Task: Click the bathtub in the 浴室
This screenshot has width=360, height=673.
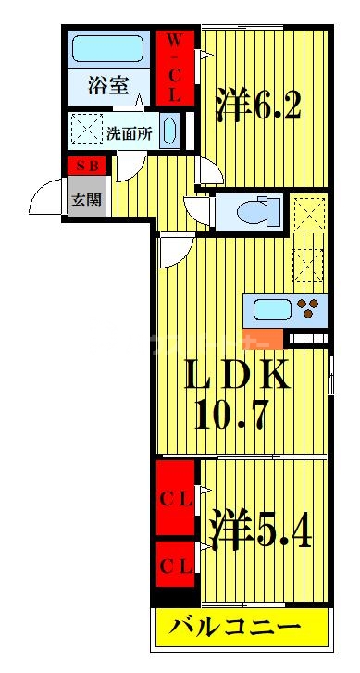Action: tap(107, 48)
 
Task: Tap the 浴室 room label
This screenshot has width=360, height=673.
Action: tap(108, 85)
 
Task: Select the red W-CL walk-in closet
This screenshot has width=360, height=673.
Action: tap(175, 68)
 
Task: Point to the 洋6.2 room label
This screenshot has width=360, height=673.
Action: tap(258, 104)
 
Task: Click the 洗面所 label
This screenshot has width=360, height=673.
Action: tap(130, 134)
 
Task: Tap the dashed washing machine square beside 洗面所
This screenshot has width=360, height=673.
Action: tap(87, 129)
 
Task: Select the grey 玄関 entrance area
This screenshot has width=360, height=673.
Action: tap(87, 196)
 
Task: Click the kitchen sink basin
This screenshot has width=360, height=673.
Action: tap(273, 309)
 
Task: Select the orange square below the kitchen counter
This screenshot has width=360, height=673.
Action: tap(264, 339)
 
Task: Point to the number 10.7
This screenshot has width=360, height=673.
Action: tap(231, 414)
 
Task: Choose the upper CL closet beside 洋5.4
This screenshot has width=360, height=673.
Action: tap(175, 498)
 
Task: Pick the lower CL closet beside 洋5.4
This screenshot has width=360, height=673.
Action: tap(175, 564)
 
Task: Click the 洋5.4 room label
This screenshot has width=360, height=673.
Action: tap(260, 529)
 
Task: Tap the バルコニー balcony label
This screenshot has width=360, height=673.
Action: tap(234, 629)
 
